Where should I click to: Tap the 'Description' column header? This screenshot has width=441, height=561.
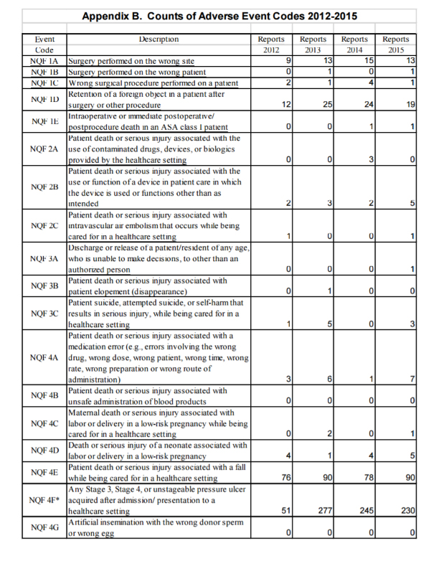tap(158, 39)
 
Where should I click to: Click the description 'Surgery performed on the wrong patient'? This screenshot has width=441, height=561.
tap(136, 72)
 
